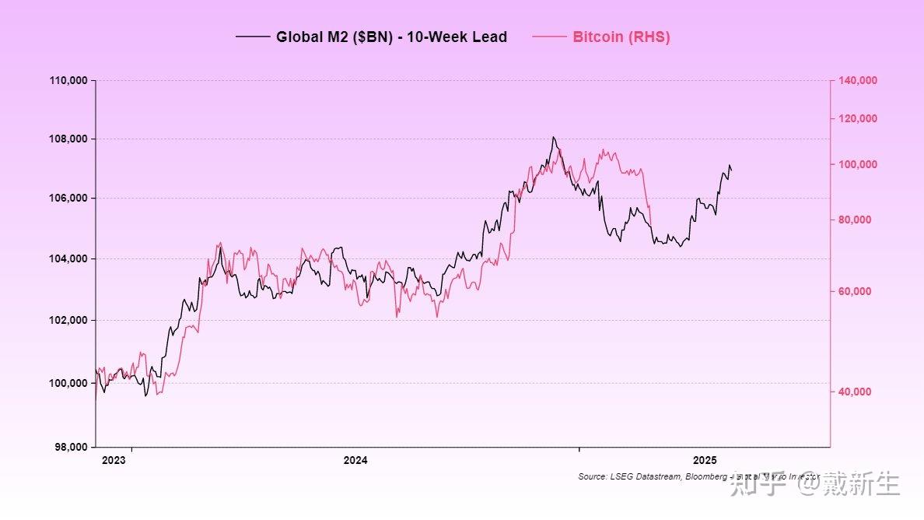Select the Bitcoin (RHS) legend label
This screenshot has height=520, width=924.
click(x=621, y=37)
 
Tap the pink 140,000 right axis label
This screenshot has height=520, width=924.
click(x=856, y=80)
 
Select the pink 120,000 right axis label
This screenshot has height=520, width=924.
click(x=856, y=118)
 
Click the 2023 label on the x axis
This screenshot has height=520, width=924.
click(x=114, y=460)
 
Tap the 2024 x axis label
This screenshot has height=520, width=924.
click(x=355, y=460)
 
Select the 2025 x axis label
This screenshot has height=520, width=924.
click(x=705, y=460)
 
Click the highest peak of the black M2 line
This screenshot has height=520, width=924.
click(x=552, y=137)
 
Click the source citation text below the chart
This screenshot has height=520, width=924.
click(x=698, y=476)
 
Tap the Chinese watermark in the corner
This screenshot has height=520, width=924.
click(x=815, y=484)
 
